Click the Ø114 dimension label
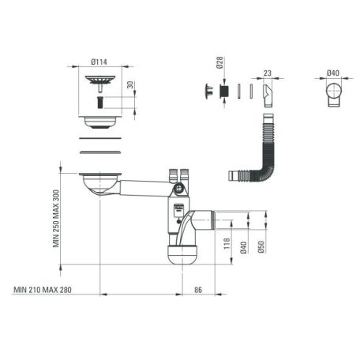point(99,62)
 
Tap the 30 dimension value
point(130,85)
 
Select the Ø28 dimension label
point(219,62)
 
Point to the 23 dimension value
point(268,73)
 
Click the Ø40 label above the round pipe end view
point(333,73)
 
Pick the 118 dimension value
point(227,244)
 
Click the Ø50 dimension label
point(261,247)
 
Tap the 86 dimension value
point(198,290)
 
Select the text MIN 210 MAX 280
point(43,290)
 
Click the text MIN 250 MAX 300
point(56,219)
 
